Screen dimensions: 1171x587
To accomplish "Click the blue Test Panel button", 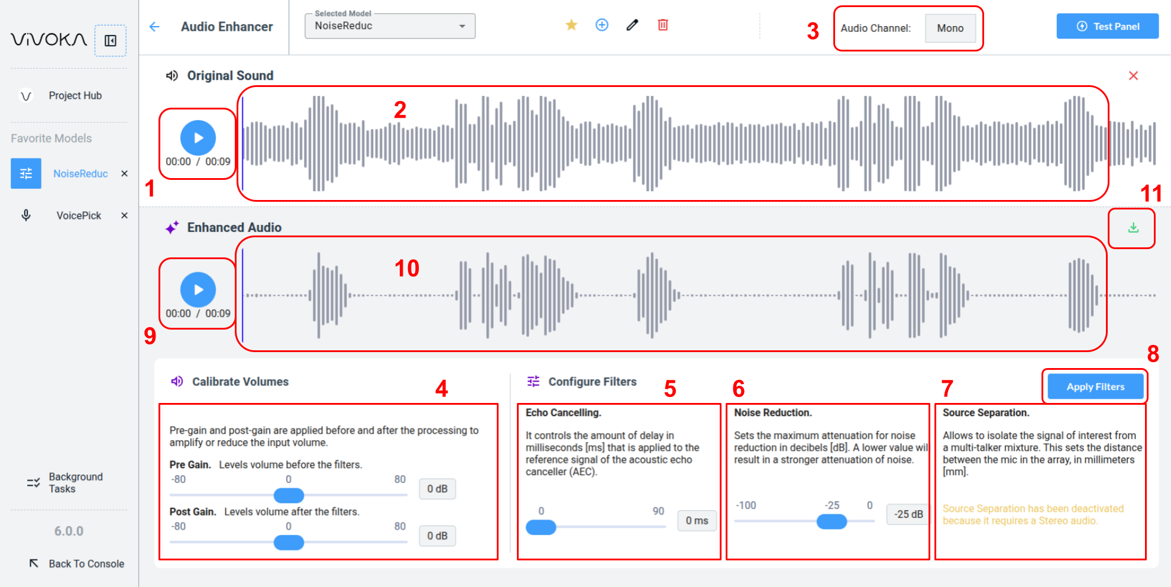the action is [x=1107, y=26].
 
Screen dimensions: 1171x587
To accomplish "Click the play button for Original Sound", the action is [x=198, y=138].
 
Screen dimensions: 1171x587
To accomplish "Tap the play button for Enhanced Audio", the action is [x=198, y=290].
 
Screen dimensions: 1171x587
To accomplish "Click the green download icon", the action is [x=1133, y=228].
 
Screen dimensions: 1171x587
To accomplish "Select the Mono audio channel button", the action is [x=950, y=28].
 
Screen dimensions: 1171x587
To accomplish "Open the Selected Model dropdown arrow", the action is [x=462, y=26].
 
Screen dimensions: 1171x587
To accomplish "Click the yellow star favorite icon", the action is [x=571, y=25].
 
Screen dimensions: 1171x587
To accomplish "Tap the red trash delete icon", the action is [x=663, y=25].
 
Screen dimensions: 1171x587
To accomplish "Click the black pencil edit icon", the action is [x=632, y=25].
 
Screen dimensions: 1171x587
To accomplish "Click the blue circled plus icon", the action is [x=601, y=25].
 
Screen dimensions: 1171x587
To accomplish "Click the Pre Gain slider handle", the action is [x=289, y=495].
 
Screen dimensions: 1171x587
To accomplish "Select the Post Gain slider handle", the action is [x=289, y=543].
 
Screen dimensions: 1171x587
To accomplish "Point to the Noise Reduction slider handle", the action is [x=832, y=521].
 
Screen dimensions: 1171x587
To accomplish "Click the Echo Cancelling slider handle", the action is [x=541, y=527].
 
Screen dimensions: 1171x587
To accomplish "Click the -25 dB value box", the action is [x=908, y=514].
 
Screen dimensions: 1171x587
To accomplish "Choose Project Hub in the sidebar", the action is [x=75, y=96].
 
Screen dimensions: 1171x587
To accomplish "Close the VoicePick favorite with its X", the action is [x=124, y=215].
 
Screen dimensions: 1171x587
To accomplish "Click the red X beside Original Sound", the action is [x=1133, y=76].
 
